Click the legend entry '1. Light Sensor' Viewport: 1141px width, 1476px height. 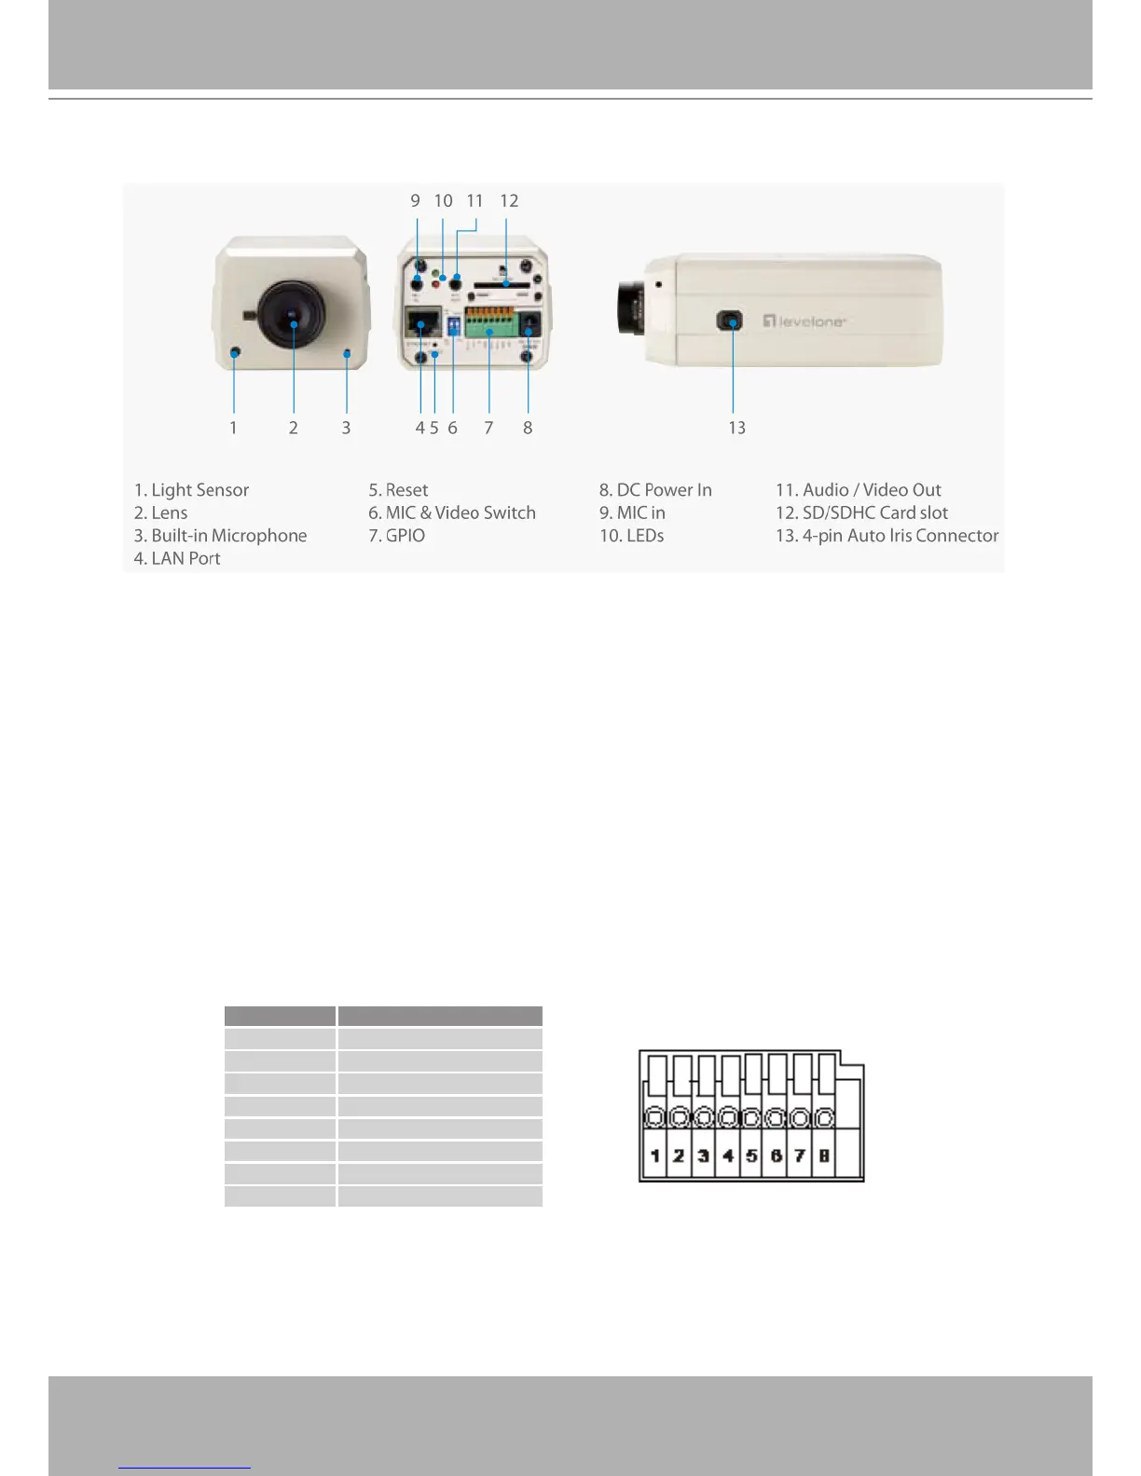click(x=191, y=490)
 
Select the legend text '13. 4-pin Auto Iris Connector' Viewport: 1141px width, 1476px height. click(x=887, y=536)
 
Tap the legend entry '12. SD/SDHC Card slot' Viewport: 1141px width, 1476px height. click(x=861, y=512)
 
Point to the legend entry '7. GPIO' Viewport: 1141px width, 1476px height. click(x=396, y=536)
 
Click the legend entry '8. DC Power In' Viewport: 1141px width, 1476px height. click(x=655, y=490)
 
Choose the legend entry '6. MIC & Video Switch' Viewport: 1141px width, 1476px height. click(x=451, y=512)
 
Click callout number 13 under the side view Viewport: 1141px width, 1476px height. click(x=736, y=428)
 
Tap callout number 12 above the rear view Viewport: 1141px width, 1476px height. click(x=509, y=201)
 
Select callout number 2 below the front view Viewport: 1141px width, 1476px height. click(x=293, y=428)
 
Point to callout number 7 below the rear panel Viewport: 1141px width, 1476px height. click(x=488, y=428)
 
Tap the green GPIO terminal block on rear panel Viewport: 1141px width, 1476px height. click(x=490, y=323)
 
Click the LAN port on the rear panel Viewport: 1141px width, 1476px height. click(x=423, y=322)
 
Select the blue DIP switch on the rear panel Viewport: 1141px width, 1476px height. click(x=454, y=324)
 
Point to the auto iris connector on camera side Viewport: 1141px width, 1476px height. click(x=730, y=322)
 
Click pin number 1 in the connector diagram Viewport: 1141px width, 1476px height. click(x=655, y=1156)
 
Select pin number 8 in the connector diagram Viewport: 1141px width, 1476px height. click(x=824, y=1156)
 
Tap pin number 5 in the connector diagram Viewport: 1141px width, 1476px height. click(x=751, y=1156)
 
